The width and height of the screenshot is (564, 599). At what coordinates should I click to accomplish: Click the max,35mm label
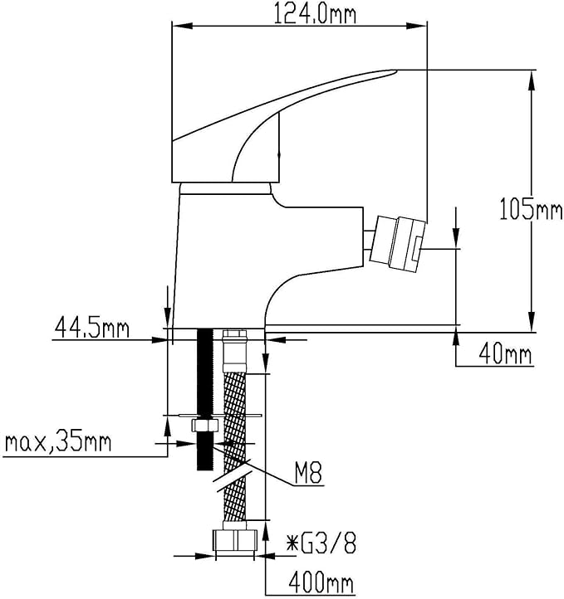pos(57,441)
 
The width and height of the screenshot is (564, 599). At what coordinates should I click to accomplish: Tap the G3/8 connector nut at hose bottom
pos(235,543)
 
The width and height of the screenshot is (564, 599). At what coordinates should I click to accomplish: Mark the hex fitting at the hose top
pos(235,343)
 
